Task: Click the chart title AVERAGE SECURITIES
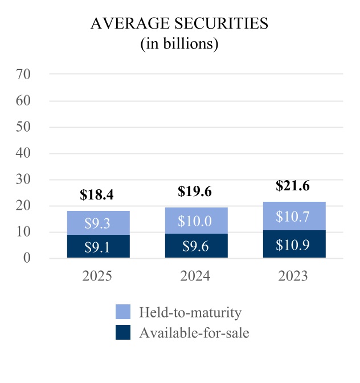179,25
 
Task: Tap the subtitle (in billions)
179,44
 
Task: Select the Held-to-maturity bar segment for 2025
98,223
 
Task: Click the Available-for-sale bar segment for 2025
98,246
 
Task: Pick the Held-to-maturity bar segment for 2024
195,220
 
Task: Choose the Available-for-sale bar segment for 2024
195,246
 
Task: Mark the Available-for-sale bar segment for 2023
293,244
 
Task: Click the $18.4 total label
98,195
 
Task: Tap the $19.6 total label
195,191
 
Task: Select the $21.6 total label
293,186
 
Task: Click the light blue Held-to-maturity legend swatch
122,312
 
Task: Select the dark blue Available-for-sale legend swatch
122,332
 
